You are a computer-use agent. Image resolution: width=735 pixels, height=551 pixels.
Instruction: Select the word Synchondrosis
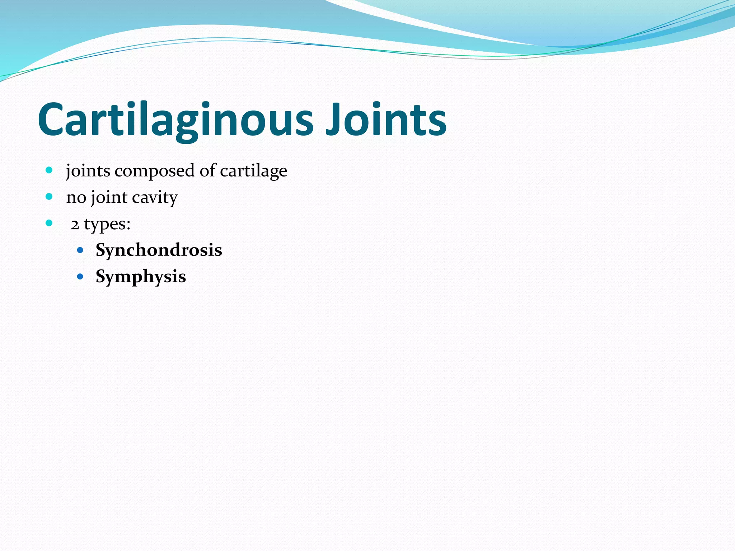(x=159, y=250)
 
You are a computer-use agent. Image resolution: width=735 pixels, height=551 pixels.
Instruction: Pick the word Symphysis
(x=141, y=277)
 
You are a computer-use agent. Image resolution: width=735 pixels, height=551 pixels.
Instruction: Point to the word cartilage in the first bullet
(x=253, y=171)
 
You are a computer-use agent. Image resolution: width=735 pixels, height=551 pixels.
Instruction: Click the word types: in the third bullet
(x=107, y=225)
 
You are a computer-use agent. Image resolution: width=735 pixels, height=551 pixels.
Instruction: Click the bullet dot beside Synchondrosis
(x=80, y=250)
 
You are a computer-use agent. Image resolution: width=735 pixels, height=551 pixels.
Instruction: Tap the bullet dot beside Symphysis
(x=80, y=277)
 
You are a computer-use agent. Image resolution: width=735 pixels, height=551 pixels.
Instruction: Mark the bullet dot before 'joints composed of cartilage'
(x=49, y=170)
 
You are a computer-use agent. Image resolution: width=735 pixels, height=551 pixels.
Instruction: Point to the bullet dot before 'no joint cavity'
(x=49, y=197)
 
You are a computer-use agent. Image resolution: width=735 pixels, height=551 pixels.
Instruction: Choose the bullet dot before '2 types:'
(x=49, y=223)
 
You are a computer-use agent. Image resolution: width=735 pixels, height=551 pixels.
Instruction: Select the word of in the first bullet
(x=208, y=170)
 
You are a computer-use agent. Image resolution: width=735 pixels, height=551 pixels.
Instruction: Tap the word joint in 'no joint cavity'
(x=109, y=198)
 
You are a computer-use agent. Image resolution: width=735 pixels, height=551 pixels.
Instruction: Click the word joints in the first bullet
(x=88, y=171)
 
